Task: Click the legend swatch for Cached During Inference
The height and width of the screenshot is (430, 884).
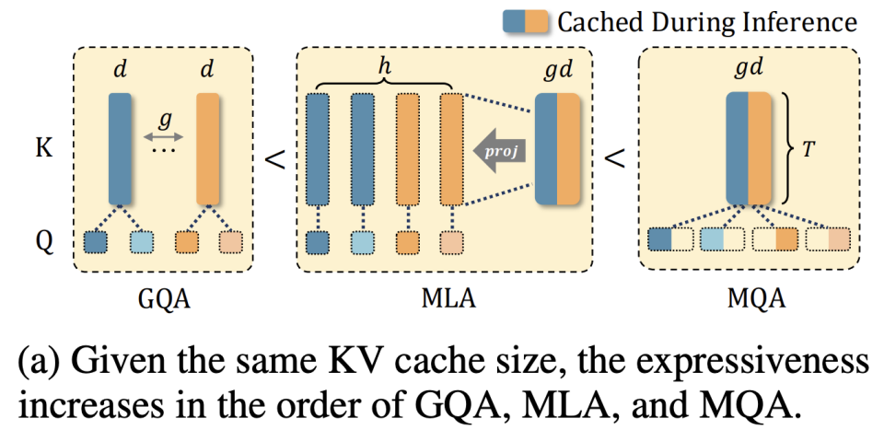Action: (526, 21)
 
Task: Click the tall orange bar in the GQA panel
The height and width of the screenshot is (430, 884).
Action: (206, 147)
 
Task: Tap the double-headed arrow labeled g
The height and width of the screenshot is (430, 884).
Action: (164, 137)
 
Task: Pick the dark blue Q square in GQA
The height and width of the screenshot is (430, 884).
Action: (96, 242)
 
